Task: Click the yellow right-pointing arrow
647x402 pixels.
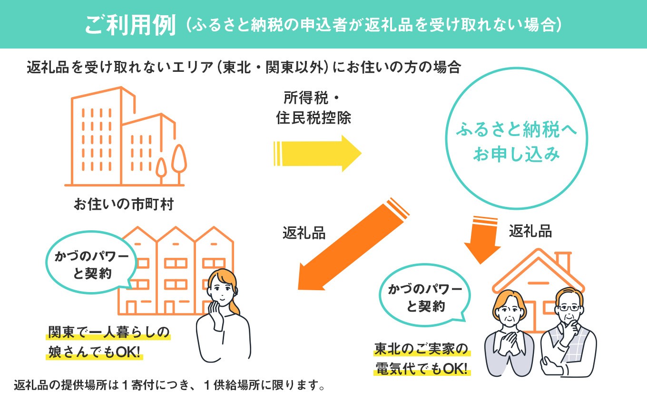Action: (318, 153)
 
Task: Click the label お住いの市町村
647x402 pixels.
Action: (124, 205)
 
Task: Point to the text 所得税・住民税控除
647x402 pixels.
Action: (313, 108)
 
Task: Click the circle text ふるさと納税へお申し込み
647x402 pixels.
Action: (516, 142)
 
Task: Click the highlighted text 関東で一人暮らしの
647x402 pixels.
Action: (108, 332)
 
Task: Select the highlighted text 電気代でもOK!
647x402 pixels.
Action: (421, 368)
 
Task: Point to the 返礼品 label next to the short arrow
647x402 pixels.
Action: (530, 231)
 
